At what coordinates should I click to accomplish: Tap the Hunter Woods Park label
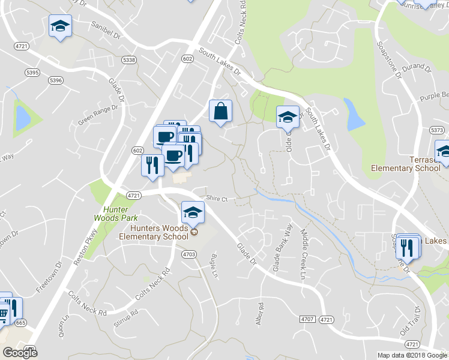coord(112,213)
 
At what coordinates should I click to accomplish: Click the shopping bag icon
coord(220,111)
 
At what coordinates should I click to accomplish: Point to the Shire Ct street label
coord(217,199)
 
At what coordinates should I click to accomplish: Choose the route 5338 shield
coord(128,60)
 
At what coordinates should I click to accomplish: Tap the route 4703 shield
coord(188,254)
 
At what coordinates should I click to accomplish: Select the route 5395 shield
coord(32,72)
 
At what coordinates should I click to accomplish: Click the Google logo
coord(20,353)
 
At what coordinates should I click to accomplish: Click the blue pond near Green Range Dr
coord(22,118)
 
